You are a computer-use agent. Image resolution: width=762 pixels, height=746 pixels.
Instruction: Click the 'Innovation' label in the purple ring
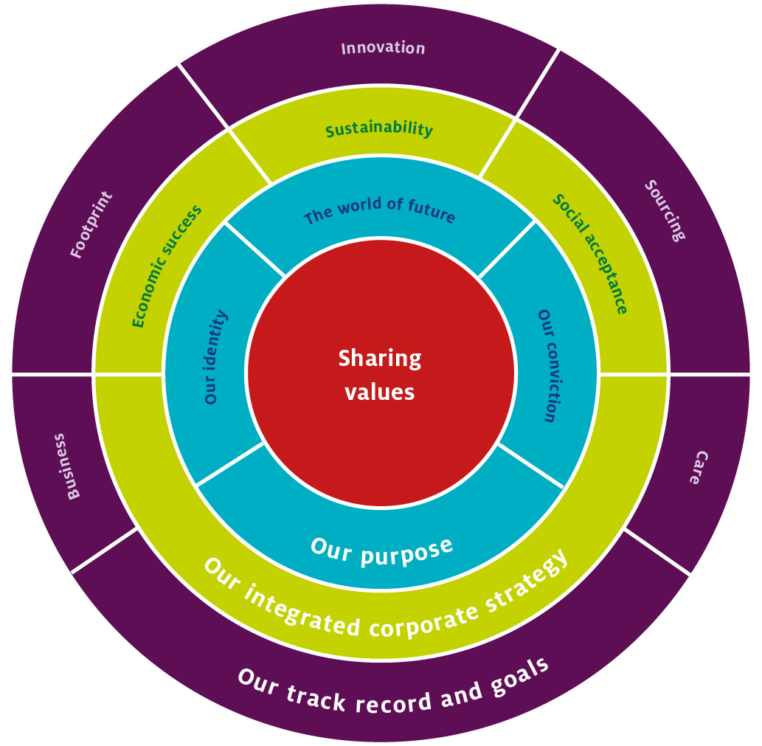(x=383, y=49)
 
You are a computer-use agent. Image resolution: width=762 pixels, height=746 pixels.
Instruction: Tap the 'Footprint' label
(x=91, y=225)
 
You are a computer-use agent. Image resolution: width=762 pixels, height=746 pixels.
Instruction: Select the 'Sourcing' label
(x=665, y=210)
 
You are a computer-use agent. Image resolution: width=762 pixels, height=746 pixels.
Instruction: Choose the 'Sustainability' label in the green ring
(x=379, y=130)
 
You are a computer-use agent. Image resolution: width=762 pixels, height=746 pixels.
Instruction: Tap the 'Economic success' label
(x=167, y=266)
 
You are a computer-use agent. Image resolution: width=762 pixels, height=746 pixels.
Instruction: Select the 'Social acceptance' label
(x=591, y=253)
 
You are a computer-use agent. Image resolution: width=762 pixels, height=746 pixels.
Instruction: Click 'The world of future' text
(x=379, y=210)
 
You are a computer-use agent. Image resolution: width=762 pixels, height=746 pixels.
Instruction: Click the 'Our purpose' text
(x=381, y=550)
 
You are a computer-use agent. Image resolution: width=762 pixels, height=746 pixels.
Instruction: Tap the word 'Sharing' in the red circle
(x=380, y=359)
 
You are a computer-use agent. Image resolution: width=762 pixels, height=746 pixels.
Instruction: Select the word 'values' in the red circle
(x=380, y=392)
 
